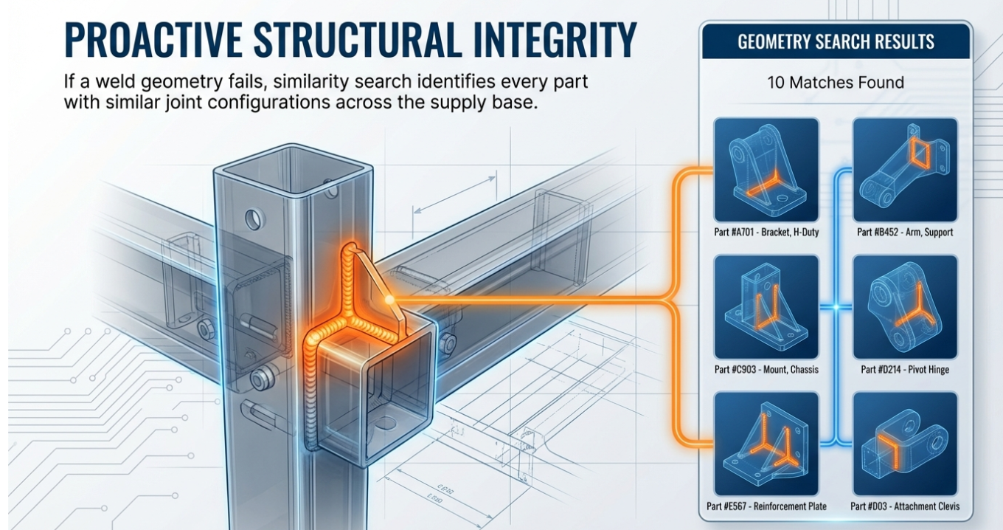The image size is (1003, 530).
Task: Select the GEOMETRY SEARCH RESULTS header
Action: (836, 41)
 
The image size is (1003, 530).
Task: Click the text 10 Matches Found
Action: (836, 82)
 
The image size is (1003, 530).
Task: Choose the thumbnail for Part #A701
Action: (766, 170)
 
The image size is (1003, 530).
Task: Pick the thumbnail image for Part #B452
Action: (905, 170)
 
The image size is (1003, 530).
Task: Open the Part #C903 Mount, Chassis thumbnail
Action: (766, 307)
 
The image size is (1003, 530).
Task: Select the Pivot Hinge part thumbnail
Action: (905, 307)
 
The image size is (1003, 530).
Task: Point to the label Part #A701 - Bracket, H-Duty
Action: (766, 233)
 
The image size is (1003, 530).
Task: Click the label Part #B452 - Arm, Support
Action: (905, 233)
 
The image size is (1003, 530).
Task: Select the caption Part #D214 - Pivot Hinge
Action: (905, 369)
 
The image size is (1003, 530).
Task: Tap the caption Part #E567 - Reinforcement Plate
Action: (766, 506)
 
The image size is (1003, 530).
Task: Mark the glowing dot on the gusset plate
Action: (389, 299)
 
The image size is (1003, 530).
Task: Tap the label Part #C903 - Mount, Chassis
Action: (766, 369)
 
